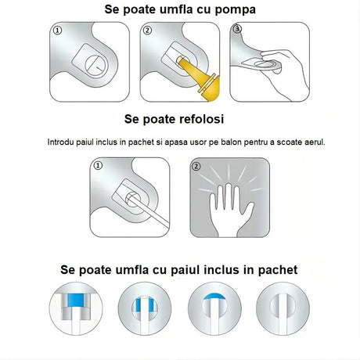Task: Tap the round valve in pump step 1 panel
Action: pos(92,62)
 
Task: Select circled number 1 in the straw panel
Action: pos(98,166)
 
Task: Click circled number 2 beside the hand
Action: pos(196,166)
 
